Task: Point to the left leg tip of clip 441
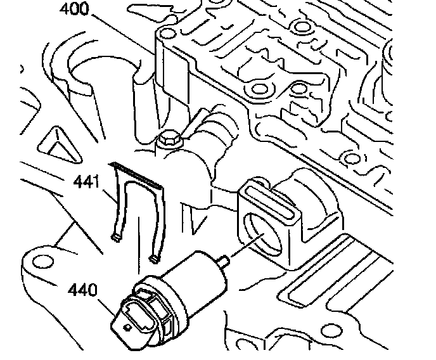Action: click(115, 238)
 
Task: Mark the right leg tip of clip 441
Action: click(154, 257)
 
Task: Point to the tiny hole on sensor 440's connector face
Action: click(126, 327)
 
